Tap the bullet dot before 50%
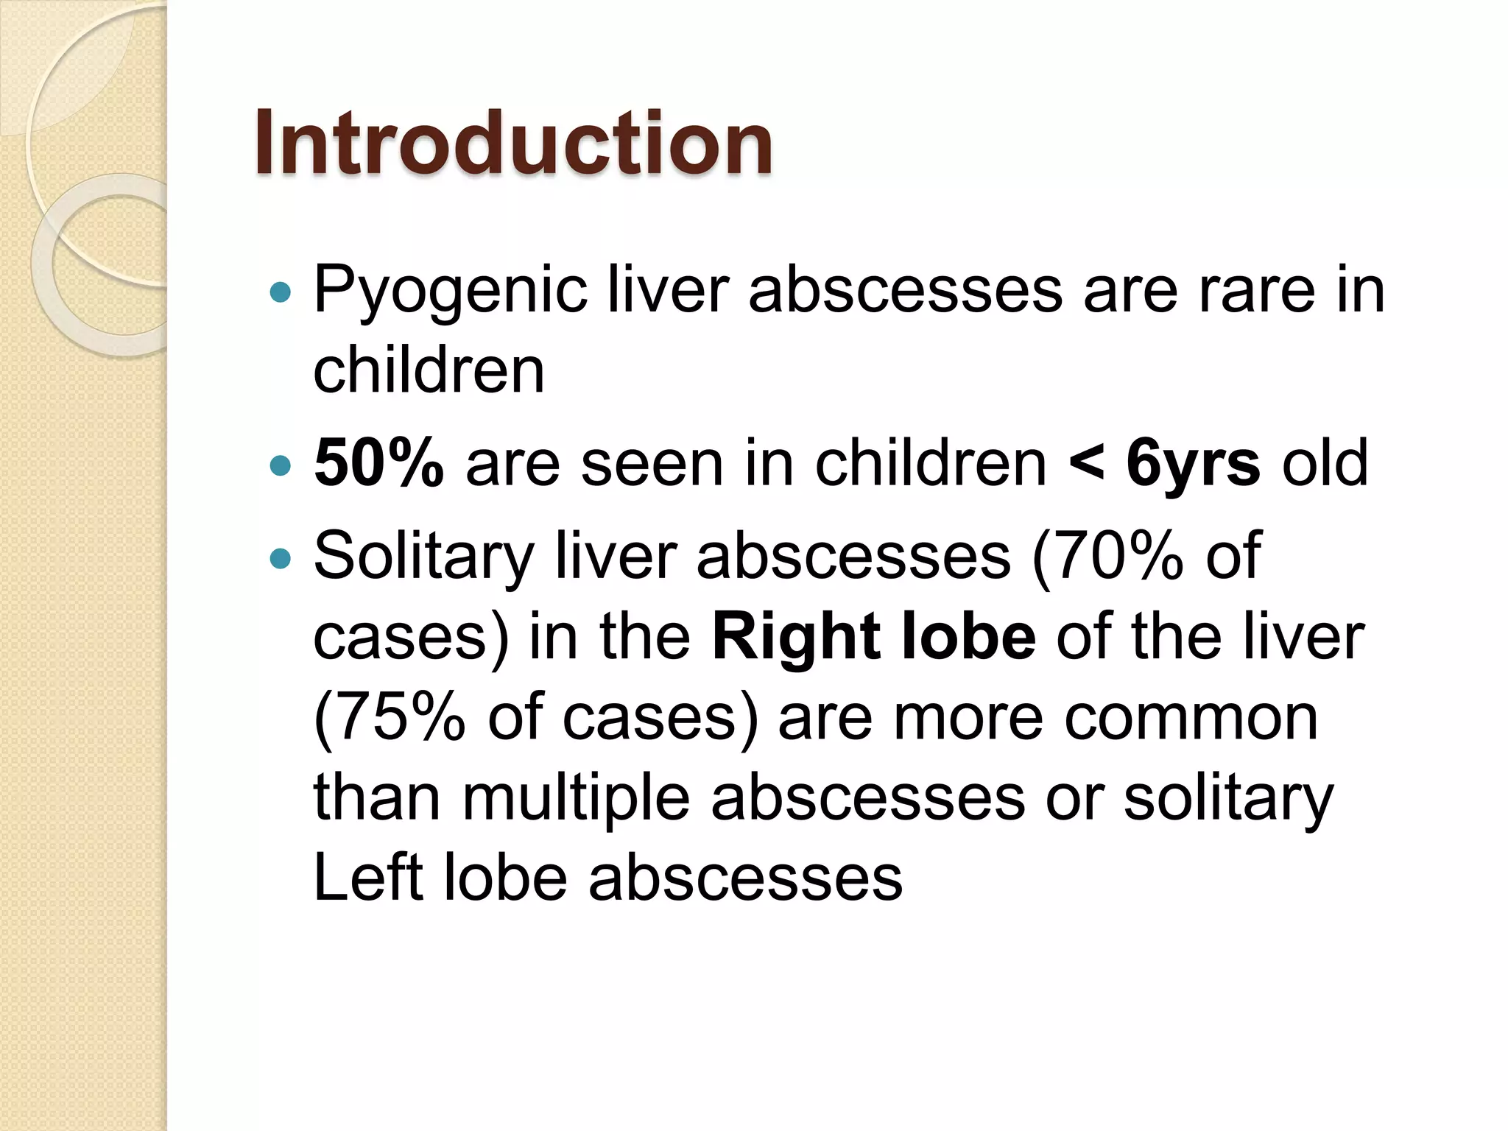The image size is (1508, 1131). pos(281,466)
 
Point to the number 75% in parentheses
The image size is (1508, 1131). pos(398,717)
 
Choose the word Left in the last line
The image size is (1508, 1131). pos(369,878)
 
